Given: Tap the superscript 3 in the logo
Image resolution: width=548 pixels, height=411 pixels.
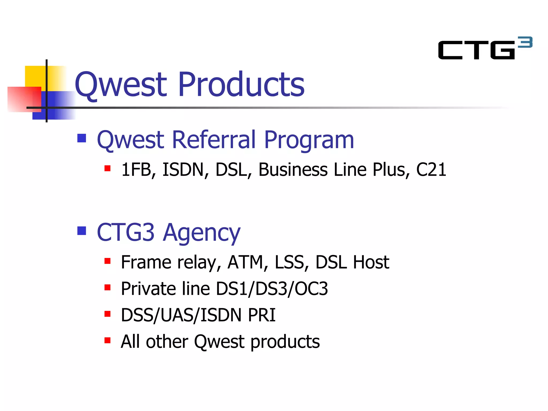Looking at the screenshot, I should (x=525, y=42).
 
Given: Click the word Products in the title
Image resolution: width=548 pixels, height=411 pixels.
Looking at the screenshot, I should (x=241, y=84).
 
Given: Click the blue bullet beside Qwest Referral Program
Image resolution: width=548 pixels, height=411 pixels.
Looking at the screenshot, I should (x=82, y=138).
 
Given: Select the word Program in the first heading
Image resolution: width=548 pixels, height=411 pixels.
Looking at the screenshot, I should (x=309, y=140).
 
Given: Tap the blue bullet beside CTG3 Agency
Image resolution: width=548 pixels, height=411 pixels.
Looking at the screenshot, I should (x=82, y=231).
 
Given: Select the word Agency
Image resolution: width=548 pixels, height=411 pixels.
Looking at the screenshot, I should (x=202, y=233).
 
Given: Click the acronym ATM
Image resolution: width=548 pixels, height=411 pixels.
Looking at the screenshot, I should (x=245, y=262).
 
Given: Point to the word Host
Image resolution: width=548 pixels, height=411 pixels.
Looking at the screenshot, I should (x=371, y=262).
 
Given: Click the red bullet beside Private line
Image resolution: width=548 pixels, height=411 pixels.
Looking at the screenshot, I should (x=108, y=288).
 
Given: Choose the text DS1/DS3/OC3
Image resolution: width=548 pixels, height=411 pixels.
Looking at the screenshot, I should (x=272, y=289).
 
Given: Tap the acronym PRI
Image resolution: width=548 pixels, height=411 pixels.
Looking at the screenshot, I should (x=262, y=315).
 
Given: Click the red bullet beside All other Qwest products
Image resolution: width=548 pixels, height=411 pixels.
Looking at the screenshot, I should (x=108, y=340).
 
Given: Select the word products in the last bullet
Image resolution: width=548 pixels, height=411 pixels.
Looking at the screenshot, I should (x=285, y=342).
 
